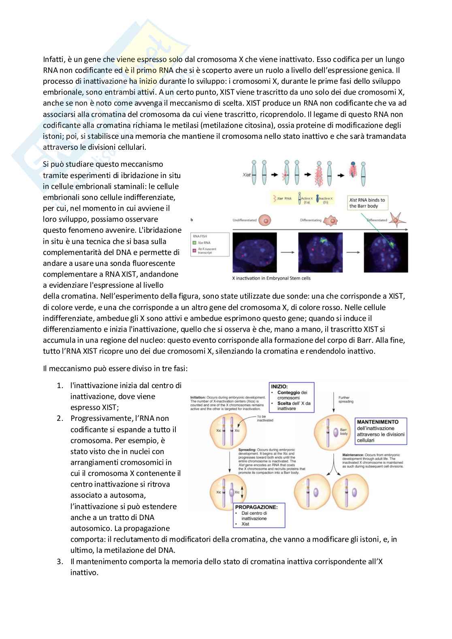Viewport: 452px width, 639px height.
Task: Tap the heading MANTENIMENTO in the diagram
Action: pos(377,422)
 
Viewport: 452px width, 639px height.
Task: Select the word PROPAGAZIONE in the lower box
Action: pos(256,507)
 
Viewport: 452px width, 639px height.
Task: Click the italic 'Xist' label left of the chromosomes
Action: pos(246,175)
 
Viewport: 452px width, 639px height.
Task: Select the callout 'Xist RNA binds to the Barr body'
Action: pos(367,203)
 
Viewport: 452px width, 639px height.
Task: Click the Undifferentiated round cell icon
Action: pos(264,221)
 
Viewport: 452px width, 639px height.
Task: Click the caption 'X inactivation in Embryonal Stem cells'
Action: pos(271,278)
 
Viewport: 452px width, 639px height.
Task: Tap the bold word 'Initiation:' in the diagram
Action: pos(198,397)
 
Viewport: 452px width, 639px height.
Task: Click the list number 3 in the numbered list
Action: pos(60,561)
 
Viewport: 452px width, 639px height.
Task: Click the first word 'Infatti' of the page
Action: pos(53,59)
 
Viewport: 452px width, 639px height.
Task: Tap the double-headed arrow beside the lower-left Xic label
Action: pos(242,492)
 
